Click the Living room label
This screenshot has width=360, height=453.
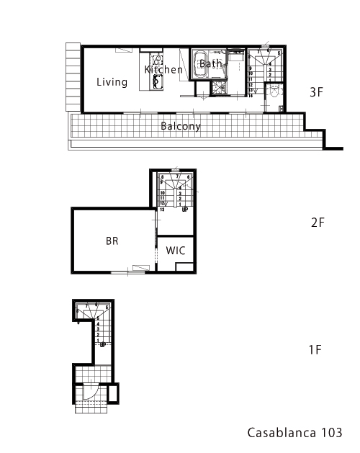point(112,82)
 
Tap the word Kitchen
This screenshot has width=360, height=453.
point(163,70)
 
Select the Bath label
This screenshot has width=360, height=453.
point(211,64)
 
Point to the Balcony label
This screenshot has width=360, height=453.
point(181,126)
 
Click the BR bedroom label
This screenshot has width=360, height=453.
point(112,242)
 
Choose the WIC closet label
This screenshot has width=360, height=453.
point(176,251)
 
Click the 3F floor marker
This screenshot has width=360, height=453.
point(317,92)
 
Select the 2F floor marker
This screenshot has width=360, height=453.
point(318,223)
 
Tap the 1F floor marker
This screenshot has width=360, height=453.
point(315,351)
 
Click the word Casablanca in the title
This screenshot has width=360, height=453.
point(277,433)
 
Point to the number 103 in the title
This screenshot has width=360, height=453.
point(328,433)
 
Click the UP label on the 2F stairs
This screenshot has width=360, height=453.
point(185,210)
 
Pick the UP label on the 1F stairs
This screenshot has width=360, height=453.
point(104,344)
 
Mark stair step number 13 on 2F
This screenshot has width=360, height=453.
point(163,210)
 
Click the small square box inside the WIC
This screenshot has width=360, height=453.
point(184,267)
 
